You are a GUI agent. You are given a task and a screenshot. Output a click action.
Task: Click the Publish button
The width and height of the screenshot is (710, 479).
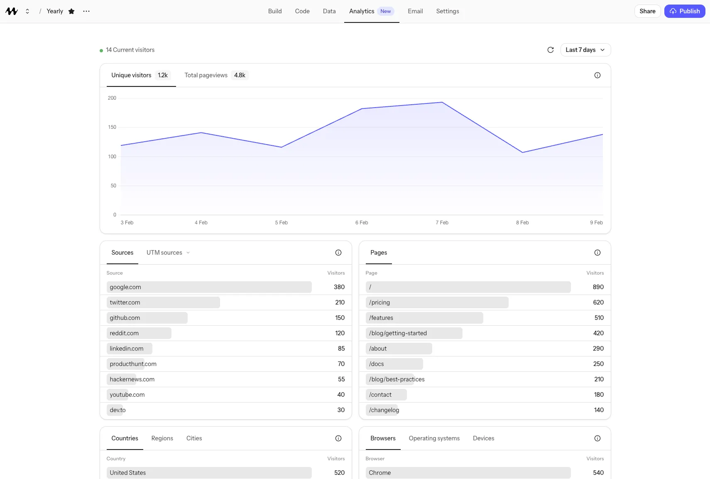point(684,11)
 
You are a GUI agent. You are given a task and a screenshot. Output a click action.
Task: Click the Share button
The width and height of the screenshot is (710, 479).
point(647,11)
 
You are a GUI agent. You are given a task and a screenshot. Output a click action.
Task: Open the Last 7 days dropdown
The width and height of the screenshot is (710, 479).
point(585,50)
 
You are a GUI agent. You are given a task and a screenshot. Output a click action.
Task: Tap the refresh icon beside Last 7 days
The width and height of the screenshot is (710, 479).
point(550,50)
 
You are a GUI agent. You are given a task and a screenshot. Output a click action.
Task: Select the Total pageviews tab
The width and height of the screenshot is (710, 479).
point(215,75)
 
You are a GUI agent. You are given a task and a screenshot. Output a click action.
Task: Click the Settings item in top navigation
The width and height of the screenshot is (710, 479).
point(447,11)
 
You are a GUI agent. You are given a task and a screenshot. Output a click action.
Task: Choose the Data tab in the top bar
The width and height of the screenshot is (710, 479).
point(329,11)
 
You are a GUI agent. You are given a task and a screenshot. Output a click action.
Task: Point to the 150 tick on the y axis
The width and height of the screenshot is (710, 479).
point(112,127)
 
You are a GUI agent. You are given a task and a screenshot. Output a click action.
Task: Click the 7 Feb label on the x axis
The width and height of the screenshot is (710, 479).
point(442,223)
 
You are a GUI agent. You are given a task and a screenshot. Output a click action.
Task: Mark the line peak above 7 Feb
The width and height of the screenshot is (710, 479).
point(442,102)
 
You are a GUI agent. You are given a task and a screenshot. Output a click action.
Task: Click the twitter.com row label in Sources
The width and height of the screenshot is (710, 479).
point(125,302)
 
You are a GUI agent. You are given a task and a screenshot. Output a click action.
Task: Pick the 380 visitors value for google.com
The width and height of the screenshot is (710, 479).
point(339,287)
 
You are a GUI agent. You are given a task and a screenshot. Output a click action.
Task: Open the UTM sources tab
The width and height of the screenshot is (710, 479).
point(164,253)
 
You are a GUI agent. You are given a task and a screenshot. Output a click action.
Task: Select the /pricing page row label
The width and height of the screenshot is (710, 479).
point(379,302)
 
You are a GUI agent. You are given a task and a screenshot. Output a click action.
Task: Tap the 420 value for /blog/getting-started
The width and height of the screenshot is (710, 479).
point(598,333)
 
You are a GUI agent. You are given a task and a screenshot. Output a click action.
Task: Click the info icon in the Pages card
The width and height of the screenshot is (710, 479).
point(597,253)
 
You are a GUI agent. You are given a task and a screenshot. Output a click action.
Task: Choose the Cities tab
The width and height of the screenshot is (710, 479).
point(194,438)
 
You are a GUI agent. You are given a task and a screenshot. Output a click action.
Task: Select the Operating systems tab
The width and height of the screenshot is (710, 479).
point(434,438)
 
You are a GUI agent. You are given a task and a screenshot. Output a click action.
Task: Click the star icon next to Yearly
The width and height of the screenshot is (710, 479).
point(71,11)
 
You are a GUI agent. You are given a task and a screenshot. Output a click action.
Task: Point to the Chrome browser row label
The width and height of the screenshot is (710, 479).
point(379,473)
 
